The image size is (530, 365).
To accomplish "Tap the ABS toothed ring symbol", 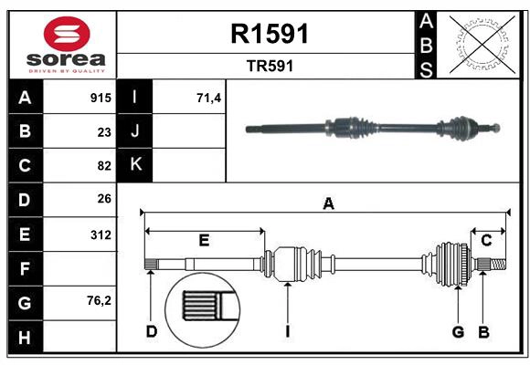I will click(479, 43).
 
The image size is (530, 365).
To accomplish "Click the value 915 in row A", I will click(101, 98).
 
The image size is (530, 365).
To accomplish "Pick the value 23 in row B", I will click(103, 131).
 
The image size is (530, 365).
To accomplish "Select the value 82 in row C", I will click(103, 165).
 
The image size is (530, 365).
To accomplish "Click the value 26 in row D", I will click(103, 198).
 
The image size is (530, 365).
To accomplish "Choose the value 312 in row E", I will click(101, 235).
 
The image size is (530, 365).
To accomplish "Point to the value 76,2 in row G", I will click(99, 300).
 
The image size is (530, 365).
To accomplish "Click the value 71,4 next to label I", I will click(209, 98).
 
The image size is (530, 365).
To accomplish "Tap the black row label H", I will click(24, 338).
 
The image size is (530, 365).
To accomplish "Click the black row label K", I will click(135, 165).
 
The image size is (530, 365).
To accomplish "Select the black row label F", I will click(24, 268).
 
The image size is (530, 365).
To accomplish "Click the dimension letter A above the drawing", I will click(327, 204).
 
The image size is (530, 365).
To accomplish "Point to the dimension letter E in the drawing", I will click(205, 240).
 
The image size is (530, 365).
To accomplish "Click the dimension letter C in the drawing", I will click(487, 240).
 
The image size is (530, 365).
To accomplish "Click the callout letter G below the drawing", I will click(458, 331).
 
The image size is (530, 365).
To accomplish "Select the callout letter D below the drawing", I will click(152, 331).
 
